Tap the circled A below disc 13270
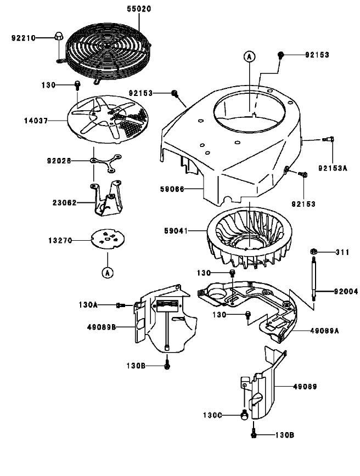point(107,271)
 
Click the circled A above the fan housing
point(249,56)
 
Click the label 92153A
point(333,168)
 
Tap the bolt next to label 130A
point(120,305)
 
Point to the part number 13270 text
point(60,240)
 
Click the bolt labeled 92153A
point(328,140)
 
